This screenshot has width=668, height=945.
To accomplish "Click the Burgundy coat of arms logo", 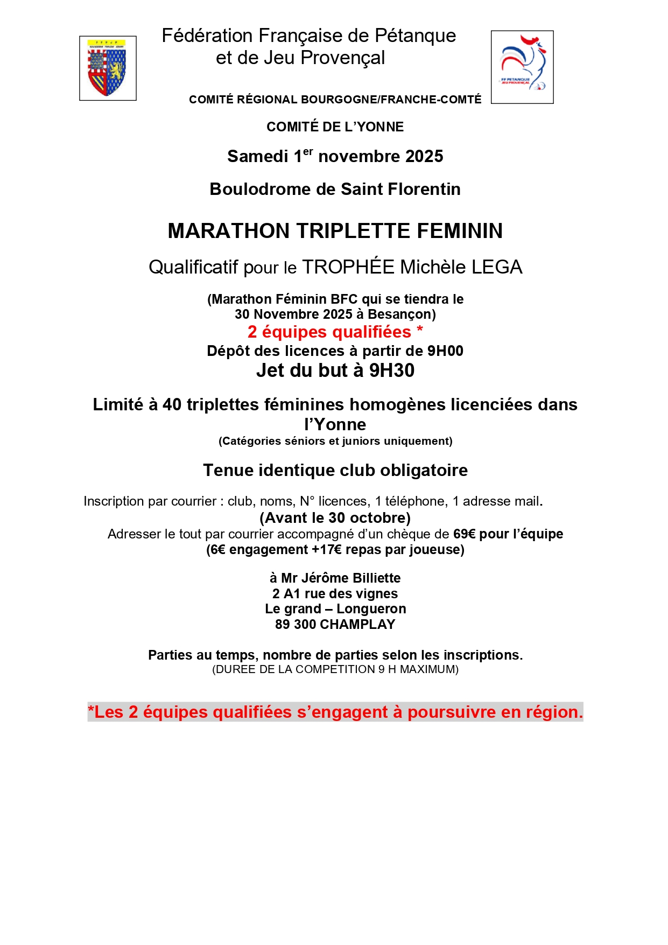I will coord(108,68).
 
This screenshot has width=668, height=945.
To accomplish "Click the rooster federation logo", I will coord(522,67).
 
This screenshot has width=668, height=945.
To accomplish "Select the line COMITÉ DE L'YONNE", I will coord(335,127).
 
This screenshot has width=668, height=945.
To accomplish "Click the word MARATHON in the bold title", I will coord(229,230).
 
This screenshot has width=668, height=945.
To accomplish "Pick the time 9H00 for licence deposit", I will coord(445,351).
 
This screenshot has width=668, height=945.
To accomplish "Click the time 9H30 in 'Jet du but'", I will coord(391,370).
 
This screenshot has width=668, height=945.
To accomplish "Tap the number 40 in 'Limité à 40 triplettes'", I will coord(172,404).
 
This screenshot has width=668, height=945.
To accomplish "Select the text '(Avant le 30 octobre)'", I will coord(335,517).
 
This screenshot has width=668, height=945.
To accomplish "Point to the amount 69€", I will coord(464,534).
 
